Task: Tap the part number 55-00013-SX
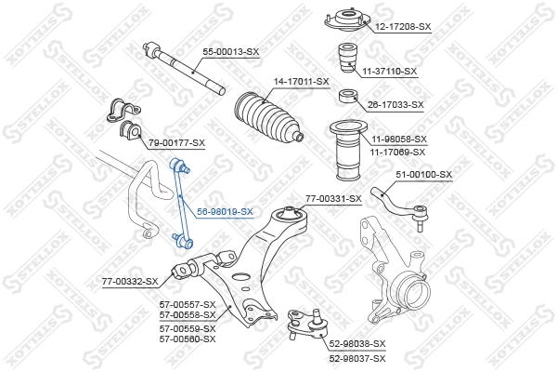(x=228, y=51)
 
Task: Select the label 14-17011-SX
(x=300, y=82)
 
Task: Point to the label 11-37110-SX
(x=389, y=71)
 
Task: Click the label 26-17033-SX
(x=395, y=104)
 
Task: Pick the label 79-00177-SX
(x=175, y=142)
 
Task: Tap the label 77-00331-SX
(x=333, y=198)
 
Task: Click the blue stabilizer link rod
(x=181, y=205)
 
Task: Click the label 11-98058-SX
(x=395, y=139)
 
